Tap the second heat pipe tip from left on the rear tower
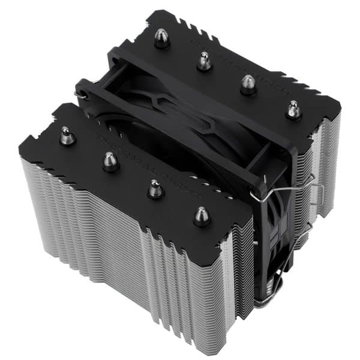pos(204,60)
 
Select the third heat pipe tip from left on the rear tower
pos(248,83)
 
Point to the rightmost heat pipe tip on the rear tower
pos(293,109)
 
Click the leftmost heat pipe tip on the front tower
pos(67,137)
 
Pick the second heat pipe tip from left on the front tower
pos(110,161)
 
